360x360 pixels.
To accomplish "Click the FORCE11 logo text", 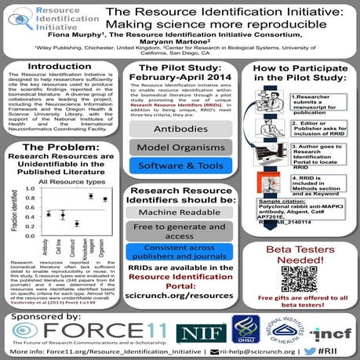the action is click(98, 311).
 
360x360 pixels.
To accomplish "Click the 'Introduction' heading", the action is click(59, 67).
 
